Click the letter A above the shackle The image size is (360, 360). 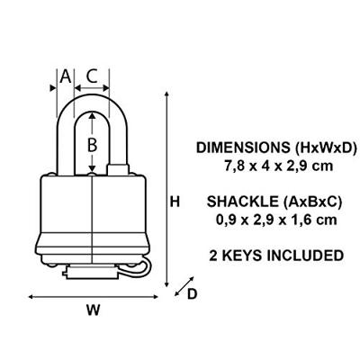tap(66, 76)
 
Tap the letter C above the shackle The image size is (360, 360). tap(92, 76)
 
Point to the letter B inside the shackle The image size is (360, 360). tap(92, 145)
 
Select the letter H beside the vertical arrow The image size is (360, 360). tap(175, 202)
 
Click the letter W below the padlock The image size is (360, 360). tap(93, 310)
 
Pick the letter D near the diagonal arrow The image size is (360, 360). tap(192, 294)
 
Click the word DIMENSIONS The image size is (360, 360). tap(243, 148)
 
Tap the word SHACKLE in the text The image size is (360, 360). tap(243, 202)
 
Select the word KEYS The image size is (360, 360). tap(242, 256)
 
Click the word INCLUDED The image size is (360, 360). tap(305, 256)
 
